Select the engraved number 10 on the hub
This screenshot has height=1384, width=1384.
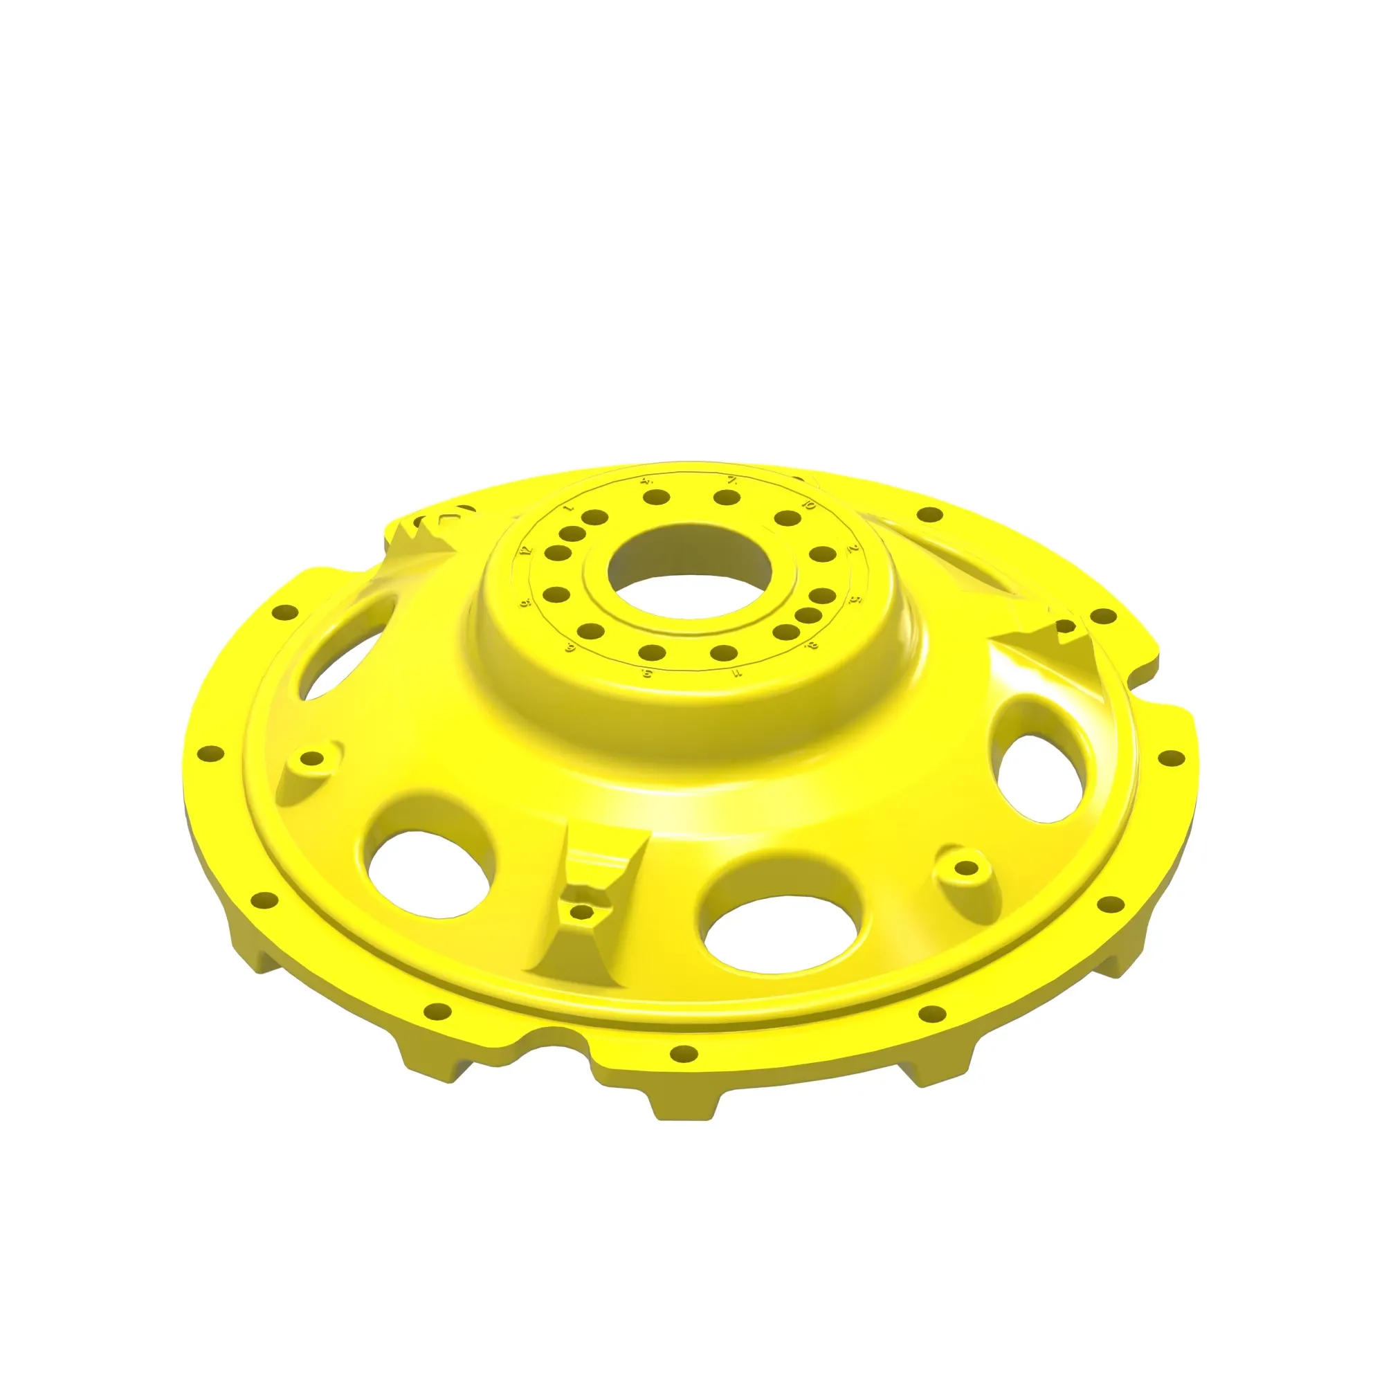click(x=810, y=506)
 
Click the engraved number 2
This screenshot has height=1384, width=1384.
click(x=853, y=549)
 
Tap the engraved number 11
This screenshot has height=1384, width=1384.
click(x=737, y=673)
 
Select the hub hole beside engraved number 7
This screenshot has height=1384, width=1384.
click(x=727, y=497)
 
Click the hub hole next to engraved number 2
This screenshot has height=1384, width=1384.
click(x=822, y=554)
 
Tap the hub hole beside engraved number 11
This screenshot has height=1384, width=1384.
click(x=725, y=653)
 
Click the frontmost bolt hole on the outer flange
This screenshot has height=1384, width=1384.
click(x=684, y=1053)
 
